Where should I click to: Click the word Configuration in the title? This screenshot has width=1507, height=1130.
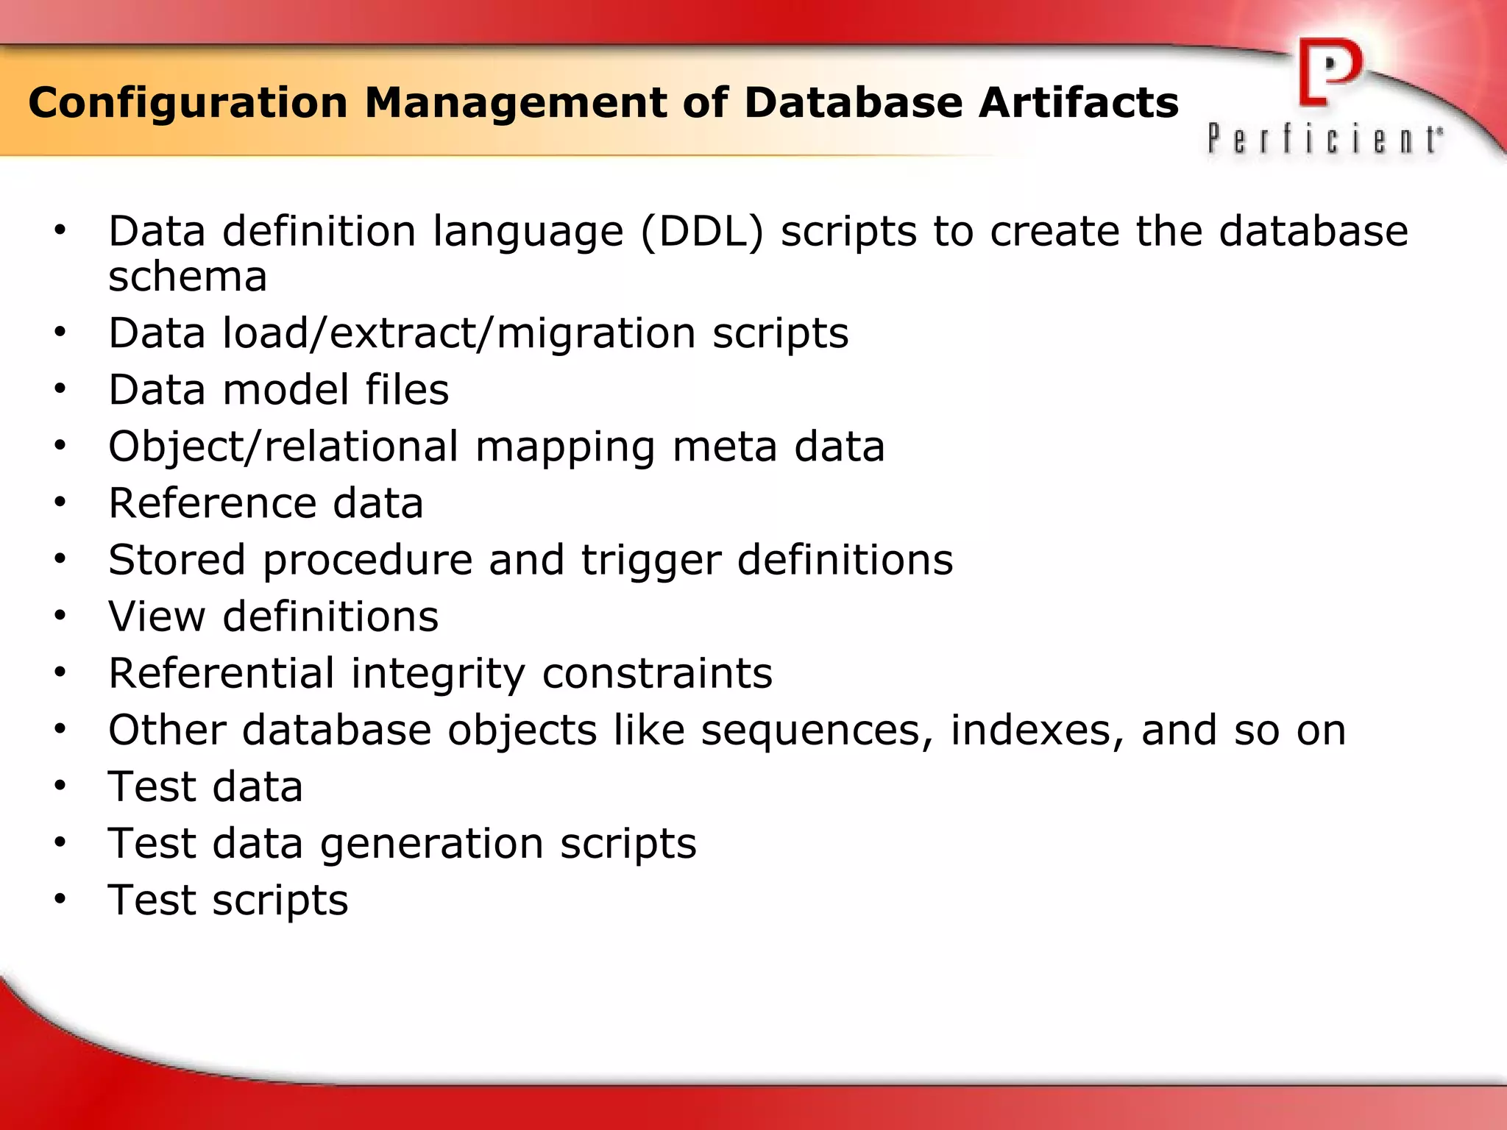188,103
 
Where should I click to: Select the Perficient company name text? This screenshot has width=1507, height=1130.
1325,138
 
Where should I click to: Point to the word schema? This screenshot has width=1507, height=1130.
188,278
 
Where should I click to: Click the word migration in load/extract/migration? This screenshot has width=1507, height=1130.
596,334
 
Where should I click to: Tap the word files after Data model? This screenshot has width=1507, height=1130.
407,390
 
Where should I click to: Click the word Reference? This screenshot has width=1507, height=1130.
212,504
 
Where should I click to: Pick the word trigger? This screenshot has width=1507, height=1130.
651,561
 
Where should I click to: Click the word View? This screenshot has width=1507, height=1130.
157,616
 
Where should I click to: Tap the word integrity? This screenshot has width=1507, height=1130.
438,674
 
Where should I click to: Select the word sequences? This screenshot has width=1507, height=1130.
817,731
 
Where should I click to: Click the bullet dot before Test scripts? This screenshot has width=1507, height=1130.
60,899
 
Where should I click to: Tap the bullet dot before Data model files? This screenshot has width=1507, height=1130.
60,389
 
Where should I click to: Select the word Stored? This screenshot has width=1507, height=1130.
177,561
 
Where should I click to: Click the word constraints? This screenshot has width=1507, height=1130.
657,674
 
